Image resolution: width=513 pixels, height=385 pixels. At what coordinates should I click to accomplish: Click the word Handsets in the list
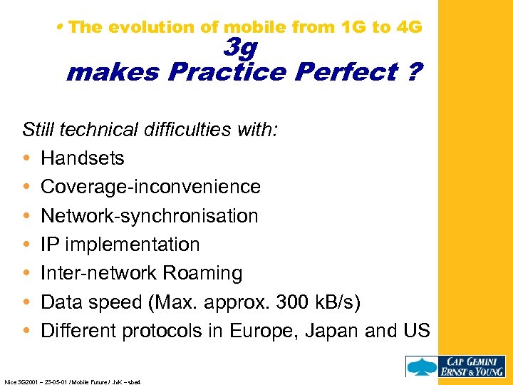click(x=82, y=158)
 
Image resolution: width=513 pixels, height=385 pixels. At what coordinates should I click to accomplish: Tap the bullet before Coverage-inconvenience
click(x=26, y=187)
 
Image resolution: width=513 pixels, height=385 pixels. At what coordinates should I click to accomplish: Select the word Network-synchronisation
click(x=149, y=215)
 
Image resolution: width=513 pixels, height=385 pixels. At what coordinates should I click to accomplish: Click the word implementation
click(x=131, y=245)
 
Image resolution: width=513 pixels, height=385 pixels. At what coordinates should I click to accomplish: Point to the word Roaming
click(x=203, y=273)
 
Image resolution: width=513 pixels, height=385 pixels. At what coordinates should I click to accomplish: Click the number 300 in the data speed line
click(x=296, y=302)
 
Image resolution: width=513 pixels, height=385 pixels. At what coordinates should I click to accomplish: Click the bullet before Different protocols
click(x=26, y=331)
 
